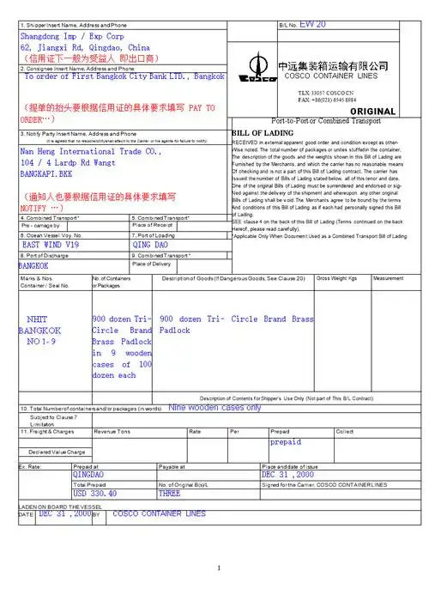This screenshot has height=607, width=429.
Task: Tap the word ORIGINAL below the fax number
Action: [x=373, y=112]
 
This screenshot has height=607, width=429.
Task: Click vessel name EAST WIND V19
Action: [x=50, y=244]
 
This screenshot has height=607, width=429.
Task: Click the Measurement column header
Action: [x=389, y=279]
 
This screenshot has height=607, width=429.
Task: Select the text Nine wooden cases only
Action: [x=215, y=408]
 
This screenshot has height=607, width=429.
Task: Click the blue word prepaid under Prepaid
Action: [x=286, y=442]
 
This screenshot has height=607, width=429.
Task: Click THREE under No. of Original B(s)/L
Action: [x=170, y=494]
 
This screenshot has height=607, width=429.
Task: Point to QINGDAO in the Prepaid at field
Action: [x=89, y=474]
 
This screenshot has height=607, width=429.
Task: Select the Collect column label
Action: [x=344, y=431]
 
